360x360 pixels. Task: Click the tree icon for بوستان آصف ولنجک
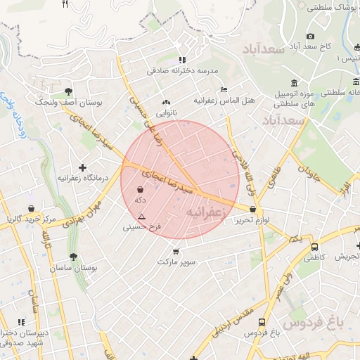click(x=68, y=91)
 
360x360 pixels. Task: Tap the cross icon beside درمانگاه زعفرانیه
click(x=84, y=167)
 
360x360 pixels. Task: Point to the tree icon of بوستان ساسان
click(x=73, y=257)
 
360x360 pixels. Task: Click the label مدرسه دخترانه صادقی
click(x=183, y=71)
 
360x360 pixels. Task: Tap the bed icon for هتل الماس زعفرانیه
click(x=224, y=89)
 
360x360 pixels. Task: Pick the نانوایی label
click(x=166, y=112)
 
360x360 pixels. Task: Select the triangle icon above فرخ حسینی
click(x=142, y=217)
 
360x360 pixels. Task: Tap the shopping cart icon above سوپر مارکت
click(x=176, y=251)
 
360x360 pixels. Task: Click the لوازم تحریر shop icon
click(x=253, y=209)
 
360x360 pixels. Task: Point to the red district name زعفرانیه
click(x=204, y=212)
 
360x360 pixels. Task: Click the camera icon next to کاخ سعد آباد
click(x=311, y=37)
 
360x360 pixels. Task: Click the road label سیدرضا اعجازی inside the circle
click(x=167, y=180)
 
